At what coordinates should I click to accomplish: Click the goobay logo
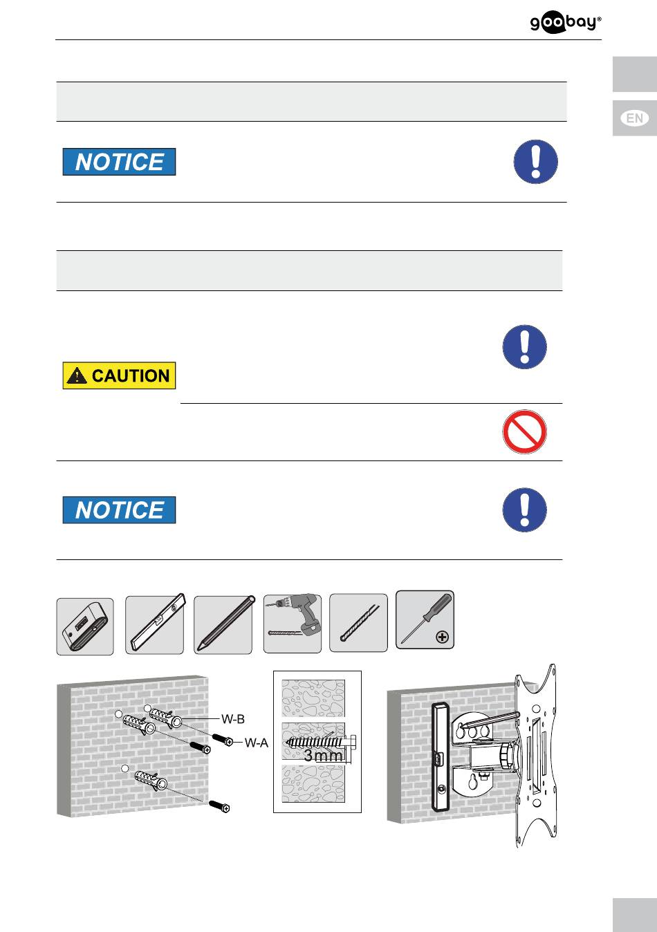coord(566,24)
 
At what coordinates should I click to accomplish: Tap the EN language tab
coord(635,118)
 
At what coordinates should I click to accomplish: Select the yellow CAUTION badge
coord(119,375)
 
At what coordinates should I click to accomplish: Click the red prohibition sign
coord(524,431)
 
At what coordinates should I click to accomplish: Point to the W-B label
coord(233,718)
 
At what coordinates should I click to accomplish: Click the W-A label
coord(257,743)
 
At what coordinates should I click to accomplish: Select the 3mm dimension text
coord(323,755)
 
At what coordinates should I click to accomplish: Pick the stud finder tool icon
coord(85,626)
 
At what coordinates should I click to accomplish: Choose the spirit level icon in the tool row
coord(155,624)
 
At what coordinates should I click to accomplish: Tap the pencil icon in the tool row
coord(223,624)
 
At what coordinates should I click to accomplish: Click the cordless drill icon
coord(293,623)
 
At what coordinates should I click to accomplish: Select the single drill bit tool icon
coord(358,623)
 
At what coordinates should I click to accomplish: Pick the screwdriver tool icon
coord(425,620)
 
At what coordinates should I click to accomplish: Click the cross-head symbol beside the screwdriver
coord(443,637)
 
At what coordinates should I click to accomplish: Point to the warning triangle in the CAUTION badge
coord(77,375)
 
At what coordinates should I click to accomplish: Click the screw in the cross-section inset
coord(321,742)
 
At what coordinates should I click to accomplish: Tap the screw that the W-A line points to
coord(223,740)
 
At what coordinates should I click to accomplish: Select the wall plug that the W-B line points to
coord(165,718)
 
